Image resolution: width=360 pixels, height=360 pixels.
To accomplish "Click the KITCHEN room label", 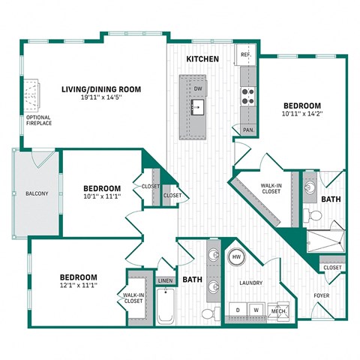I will [202, 58].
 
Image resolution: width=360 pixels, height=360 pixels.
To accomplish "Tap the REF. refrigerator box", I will [245, 55].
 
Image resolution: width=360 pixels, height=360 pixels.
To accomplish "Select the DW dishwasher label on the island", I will [198, 88].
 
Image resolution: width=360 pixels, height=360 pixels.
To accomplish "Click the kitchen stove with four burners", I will [248, 95].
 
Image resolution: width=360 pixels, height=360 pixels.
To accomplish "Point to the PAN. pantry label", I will [247, 130].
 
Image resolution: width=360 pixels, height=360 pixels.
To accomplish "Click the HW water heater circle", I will [236, 257].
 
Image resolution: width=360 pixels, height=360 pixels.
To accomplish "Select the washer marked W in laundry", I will [256, 309].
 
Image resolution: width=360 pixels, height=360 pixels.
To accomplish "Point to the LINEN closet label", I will [165, 280].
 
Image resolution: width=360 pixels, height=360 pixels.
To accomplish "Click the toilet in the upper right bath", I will [316, 216].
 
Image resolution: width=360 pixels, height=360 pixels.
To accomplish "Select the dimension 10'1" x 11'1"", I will [102, 196].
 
